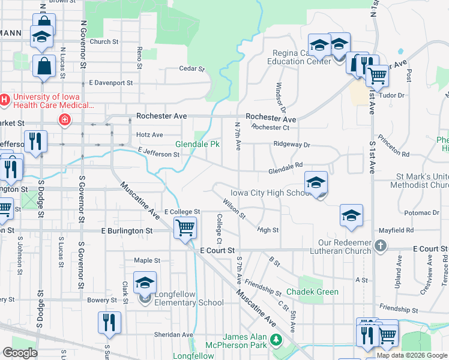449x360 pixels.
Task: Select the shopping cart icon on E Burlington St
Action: click(185, 228)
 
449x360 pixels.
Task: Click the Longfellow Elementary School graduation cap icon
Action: click(145, 283)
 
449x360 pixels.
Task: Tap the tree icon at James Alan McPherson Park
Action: click(276, 340)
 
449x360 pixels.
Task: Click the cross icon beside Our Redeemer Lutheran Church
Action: click(380, 245)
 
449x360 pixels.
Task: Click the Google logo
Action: click(20, 353)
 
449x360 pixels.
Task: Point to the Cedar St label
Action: click(192, 68)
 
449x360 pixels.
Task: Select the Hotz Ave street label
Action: click(149, 135)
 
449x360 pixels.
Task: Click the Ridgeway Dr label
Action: click(291, 145)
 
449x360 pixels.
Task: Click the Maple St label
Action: click(147, 260)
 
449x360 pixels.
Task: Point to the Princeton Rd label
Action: click(397, 154)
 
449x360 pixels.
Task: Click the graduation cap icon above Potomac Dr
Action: click(351, 216)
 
